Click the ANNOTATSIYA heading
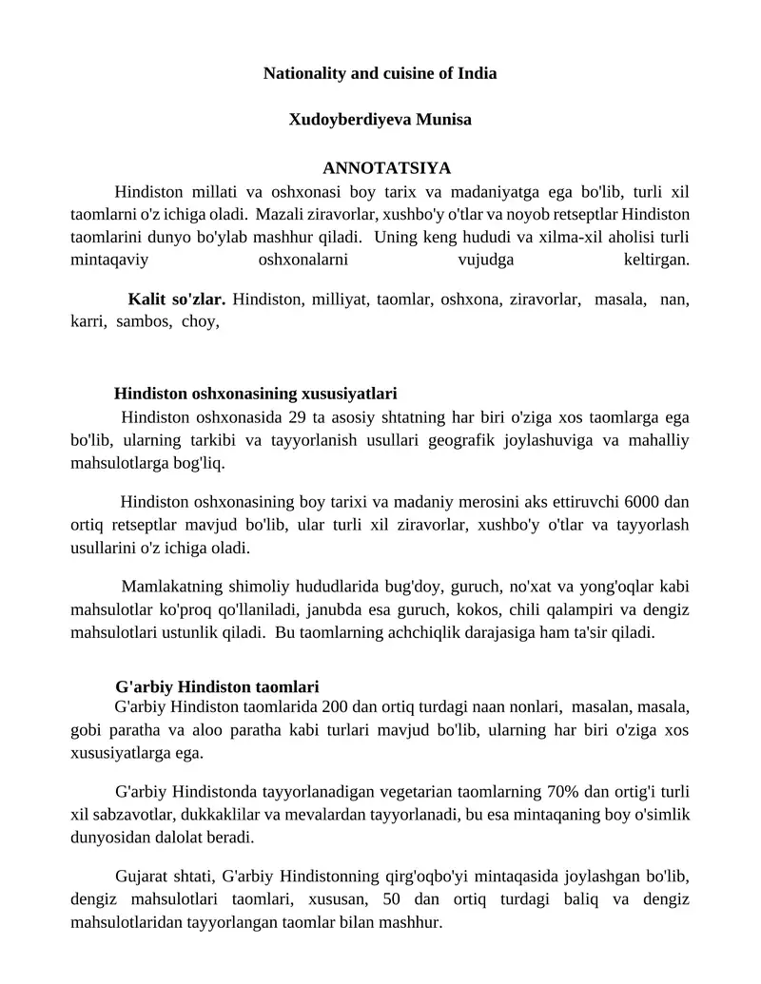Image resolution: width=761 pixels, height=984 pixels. (x=380, y=168)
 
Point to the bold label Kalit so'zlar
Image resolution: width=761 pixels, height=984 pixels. (x=176, y=299)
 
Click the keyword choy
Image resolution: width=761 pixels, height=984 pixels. (x=200, y=321)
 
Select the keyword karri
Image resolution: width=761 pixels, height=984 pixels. (x=88, y=321)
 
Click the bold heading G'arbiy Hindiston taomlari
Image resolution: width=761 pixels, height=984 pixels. (x=217, y=686)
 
